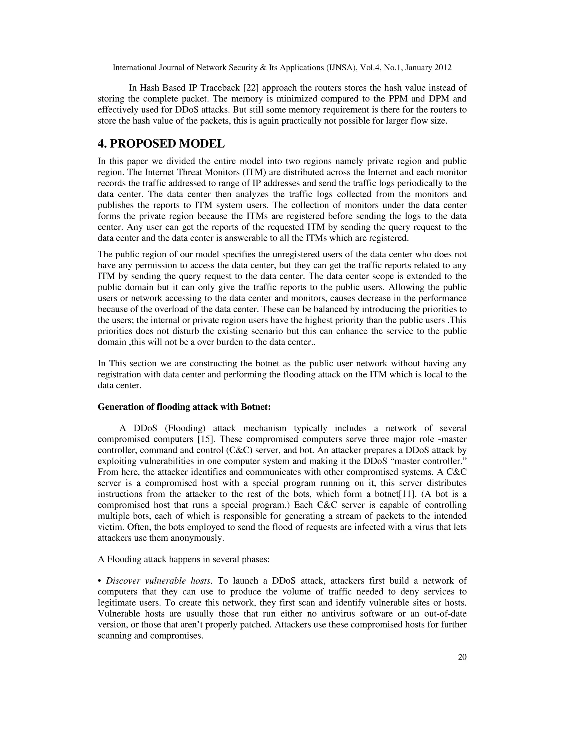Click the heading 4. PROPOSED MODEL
pos(161,144)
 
